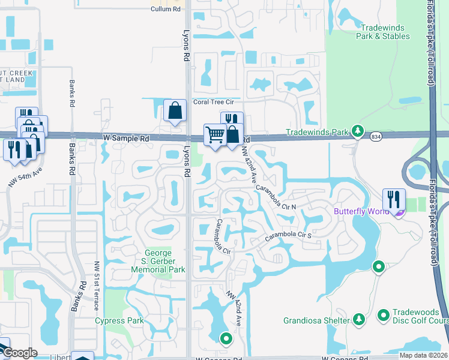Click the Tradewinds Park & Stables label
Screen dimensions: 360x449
[x=385, y=32]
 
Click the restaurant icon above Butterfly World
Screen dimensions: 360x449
[x=394, y=199]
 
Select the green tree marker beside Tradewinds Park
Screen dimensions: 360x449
[x=358, y=131]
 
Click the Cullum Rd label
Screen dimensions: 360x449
[x=166, y=9]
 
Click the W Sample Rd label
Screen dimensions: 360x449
[x=125, y=138]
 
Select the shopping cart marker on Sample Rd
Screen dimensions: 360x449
[x=215, y=134]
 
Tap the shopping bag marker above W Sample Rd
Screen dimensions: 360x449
[x=175, y=110]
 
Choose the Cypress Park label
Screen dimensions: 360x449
[x=119, y=320]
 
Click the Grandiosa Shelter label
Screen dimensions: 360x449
[x=317, y=320]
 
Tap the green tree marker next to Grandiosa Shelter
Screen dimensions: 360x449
[x=359, y=319]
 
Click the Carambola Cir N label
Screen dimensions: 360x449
[x=276, y=197]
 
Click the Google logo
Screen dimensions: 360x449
[x=19, y=353]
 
